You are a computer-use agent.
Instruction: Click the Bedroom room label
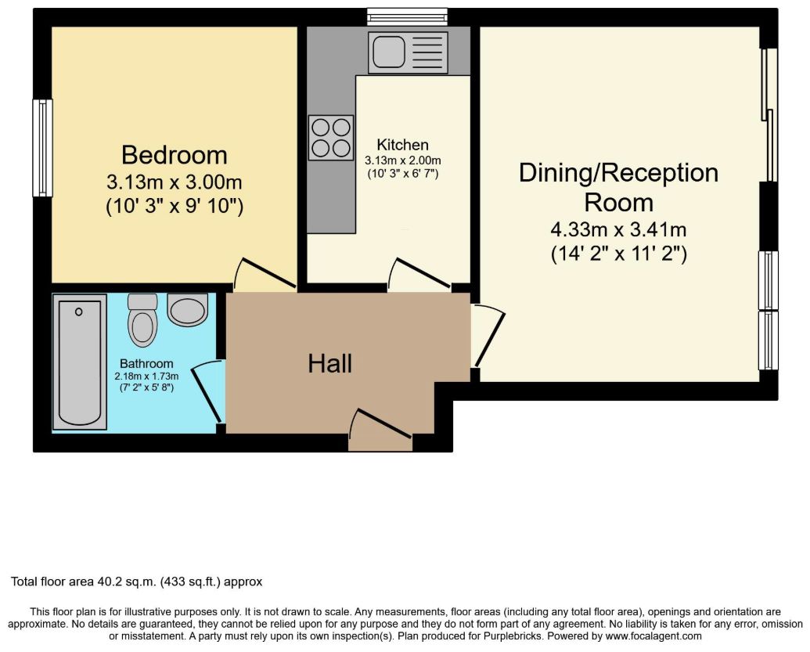click(x=174, y=155)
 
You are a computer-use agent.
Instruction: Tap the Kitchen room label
click(x=402, y=145)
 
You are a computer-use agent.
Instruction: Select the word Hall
click(x=330, y=364)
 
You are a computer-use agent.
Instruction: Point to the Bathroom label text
click(x=146, y=364)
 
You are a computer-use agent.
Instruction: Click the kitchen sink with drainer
click(x=406, y=52)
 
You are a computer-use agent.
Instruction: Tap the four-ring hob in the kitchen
click(x=331, y=138)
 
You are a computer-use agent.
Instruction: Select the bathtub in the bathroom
click(x=80, y=362)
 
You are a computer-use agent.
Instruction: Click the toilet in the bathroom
click(x=142, y=320)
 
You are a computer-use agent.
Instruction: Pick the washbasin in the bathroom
click(x=188, y=310)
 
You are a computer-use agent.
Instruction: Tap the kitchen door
click(x=419, y=274)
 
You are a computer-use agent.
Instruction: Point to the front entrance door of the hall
click(x=381, y=423)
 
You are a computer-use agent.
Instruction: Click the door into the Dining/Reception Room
click(x=488, y=336)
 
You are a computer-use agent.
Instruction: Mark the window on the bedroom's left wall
click(x=43, y=148)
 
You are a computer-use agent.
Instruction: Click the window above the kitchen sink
click(x=407, y=17)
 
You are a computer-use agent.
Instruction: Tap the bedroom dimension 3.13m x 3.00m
click(x=174, y=182)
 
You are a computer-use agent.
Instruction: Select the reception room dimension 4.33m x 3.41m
click(x=618, y=229)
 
